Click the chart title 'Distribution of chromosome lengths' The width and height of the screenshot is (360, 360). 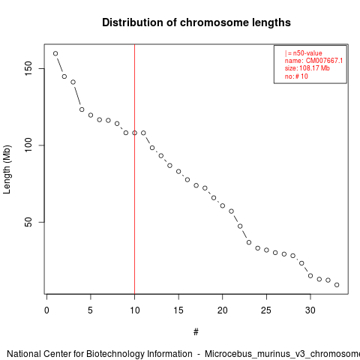196,22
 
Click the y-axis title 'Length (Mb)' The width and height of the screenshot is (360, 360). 7,169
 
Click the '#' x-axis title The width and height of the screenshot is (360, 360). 196,331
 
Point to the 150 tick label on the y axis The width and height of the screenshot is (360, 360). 28,68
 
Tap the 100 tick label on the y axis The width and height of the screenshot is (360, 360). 28,145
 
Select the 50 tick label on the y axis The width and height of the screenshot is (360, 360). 28,222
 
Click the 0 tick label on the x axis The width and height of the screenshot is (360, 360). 46,310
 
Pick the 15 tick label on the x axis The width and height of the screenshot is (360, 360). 178,310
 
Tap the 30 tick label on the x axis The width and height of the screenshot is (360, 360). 310,310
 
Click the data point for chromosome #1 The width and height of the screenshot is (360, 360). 55,53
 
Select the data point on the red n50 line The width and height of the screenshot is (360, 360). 134,133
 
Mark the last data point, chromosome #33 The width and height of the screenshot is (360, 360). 337,285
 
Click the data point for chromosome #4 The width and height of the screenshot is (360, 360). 82,109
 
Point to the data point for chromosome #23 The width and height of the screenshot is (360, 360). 249,242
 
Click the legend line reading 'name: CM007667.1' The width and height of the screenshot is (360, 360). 313,61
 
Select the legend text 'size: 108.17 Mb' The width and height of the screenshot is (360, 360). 307,68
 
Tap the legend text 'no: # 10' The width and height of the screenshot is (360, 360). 296,76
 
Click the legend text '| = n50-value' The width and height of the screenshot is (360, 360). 304,53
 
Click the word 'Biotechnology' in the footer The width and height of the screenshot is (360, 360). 115,354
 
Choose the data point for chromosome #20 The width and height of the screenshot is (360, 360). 223,205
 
